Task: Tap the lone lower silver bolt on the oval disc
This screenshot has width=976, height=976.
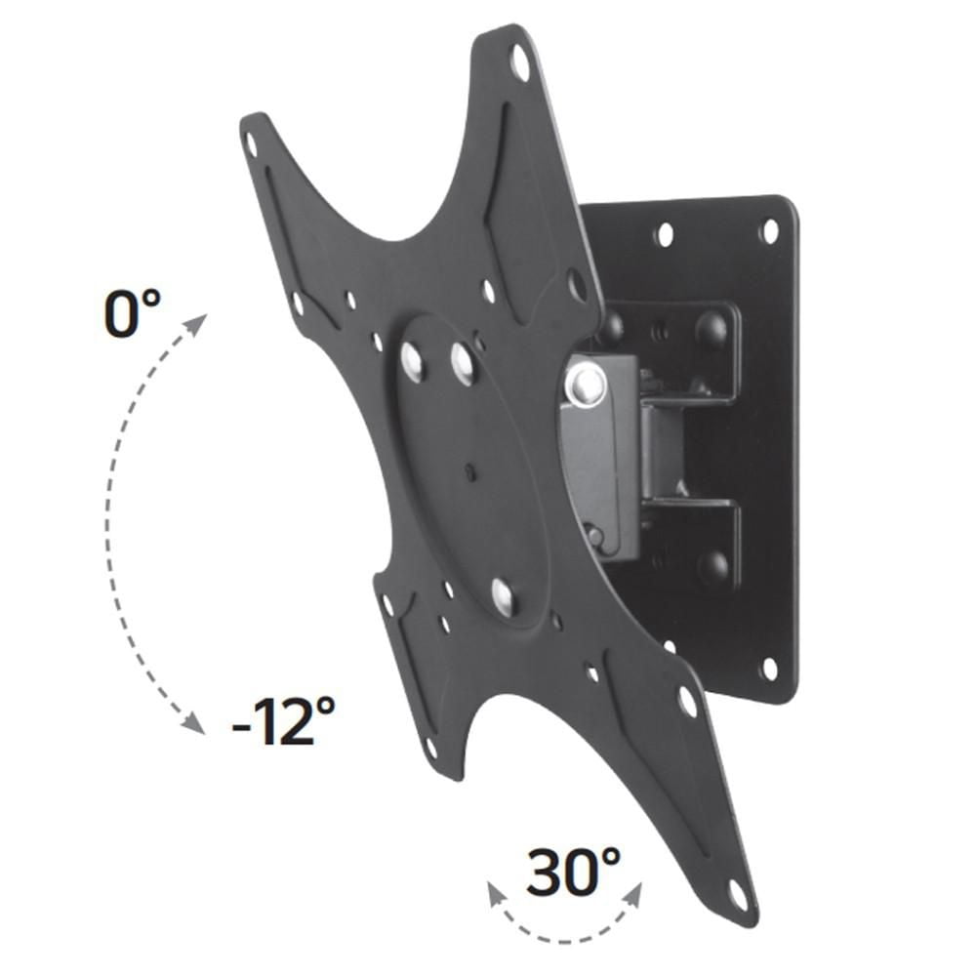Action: click(x=504, y=595)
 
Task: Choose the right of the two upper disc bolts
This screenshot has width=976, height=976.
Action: click(x=462, y=363)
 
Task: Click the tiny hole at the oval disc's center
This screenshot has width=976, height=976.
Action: click(x=471, y=473)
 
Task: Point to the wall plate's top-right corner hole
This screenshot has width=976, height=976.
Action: click(x=770, y=231)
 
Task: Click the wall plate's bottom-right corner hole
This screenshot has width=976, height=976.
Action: click(x=770, y=669)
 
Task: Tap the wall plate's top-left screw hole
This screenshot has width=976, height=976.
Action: click(x=665, y=234)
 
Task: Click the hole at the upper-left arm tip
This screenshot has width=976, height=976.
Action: click(x=251, y=145)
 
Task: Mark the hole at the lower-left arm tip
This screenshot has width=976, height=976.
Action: click(x=431, y=749)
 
